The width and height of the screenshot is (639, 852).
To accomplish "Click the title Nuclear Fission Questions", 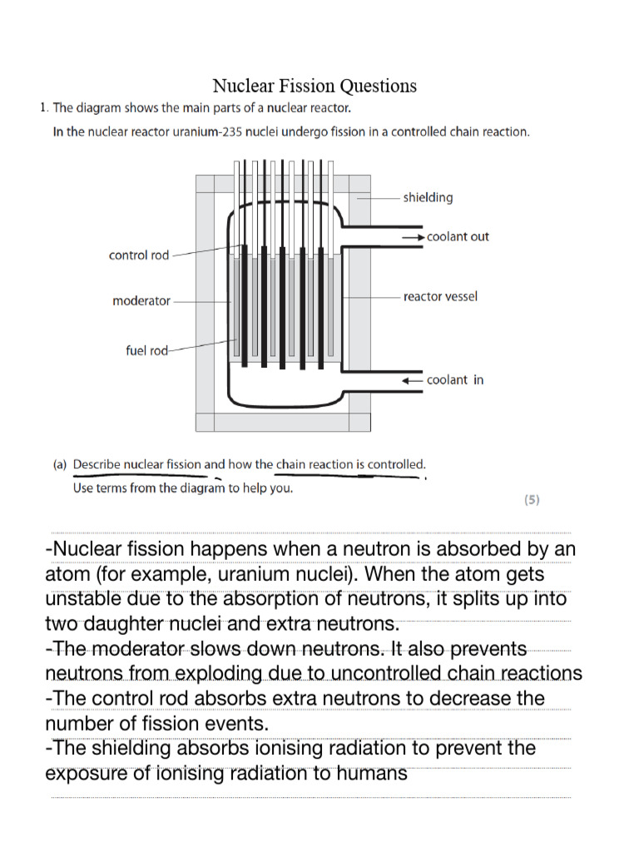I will click(x=315, y=86).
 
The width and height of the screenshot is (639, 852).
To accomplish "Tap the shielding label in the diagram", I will click(x=428, y=197).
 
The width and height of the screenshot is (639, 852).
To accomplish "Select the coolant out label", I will click(x=458, y=237).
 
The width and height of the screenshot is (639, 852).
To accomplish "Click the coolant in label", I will click(x=455, y=380).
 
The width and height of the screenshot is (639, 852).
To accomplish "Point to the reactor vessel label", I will click(x=440, y=296).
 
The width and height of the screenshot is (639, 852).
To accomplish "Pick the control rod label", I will click(x=139, y=255).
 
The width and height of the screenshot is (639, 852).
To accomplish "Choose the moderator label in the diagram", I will click(x=141, y=301).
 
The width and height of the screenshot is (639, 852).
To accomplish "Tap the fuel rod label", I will click(x=146, y=351).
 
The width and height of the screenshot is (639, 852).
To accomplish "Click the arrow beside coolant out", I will click(x=413, y=237).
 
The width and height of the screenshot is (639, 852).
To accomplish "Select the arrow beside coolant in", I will click(x=413, y=380).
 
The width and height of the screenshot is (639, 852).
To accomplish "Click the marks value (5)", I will click(x=532, y=500).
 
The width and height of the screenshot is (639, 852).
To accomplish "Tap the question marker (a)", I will click(x=60, y=465).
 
